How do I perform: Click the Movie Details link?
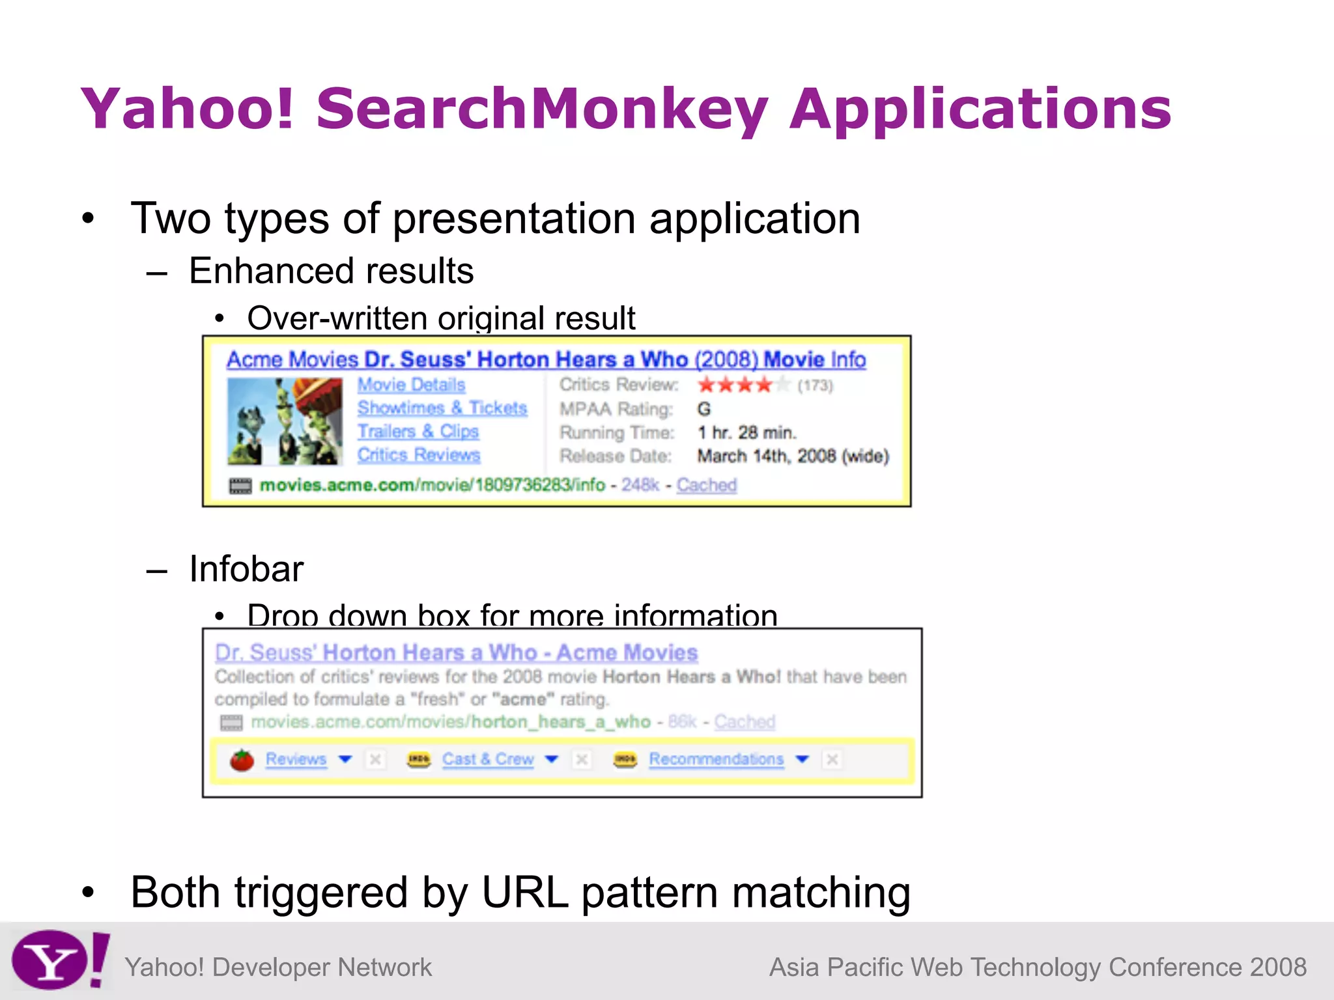pos(411,385)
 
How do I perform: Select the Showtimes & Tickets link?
pos(442,408)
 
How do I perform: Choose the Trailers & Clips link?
pos(418,432)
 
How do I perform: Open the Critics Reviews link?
pos(418,455)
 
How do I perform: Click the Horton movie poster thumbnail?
pos(285,421)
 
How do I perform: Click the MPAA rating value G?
pos(704,409)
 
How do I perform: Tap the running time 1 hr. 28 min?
pos(746,432)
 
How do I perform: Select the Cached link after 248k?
pos(706,485)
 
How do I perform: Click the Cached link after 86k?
pos(745,721)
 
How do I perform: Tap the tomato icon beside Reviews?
pos(242,760)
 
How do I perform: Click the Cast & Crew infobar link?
pos(487,759)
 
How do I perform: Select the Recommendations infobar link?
pos(716,759)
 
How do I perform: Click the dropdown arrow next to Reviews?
pos(346,759)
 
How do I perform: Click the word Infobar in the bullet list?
pos(246,569)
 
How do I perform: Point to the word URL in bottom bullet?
pos(524,893)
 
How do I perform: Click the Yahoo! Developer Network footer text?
pos(278,967)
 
